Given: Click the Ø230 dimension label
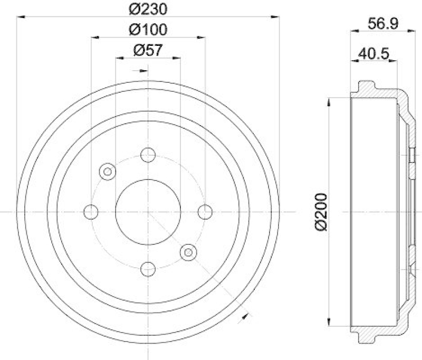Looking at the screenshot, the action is [x=148, y=10].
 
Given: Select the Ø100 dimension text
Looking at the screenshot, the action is [x=148, y=30].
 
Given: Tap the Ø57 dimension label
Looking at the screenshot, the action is [x=148, y=50].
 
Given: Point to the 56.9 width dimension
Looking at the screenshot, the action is [x=383, y=23].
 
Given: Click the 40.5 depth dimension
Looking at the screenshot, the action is [x=373, y=54].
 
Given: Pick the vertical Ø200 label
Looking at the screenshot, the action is [x=321, y=212].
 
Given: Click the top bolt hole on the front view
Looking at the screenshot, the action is [x=148, y=155].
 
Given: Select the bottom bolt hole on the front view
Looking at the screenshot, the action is [x=148, y=269].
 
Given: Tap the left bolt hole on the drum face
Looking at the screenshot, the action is [x=91, y=212].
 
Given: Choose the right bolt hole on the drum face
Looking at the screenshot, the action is [x=205, y=212].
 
